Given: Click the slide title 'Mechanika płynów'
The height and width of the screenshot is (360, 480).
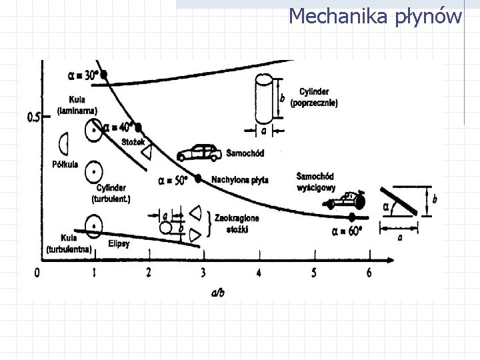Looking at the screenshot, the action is coord(375,15).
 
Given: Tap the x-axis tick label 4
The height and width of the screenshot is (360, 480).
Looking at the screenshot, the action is coord(258,272).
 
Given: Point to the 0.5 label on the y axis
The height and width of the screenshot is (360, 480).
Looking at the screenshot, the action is coord(34,118).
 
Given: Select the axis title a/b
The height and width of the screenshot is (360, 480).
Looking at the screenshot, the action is coord(216,293).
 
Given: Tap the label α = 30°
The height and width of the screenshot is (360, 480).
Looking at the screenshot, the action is coord(83,74).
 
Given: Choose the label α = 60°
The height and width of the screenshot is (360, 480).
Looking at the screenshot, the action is coord(347,231).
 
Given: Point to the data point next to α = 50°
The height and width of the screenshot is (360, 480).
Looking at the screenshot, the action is coord(198,178).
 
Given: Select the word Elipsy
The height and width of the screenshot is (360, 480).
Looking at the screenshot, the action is coord(119,243).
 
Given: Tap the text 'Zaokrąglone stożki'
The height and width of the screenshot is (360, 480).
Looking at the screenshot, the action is coord(237,222).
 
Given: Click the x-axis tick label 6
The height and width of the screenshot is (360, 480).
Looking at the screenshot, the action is coord(369,272).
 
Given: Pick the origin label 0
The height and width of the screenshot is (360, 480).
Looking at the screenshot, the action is coord(37,272).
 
